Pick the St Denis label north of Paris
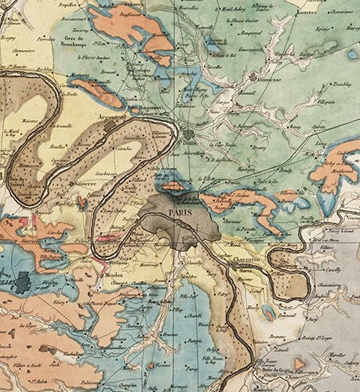tap(188, 144)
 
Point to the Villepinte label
tap(312, 103)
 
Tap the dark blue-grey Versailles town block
tap(21, 281)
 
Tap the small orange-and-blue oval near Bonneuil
tap(268, 312)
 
